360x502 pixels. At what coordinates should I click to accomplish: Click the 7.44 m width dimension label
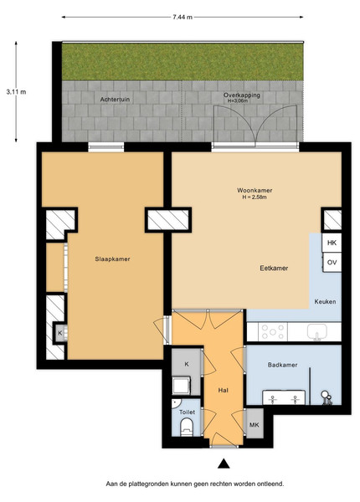coord(183,18)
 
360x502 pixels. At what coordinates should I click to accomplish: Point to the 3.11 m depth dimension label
coord(16,92)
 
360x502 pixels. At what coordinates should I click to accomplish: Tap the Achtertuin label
coord(115,100)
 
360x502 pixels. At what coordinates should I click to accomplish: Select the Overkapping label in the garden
coord(242,95)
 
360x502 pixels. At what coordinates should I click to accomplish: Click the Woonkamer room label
coord(255,191)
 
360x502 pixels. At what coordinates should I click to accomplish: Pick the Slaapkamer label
coord(112,259)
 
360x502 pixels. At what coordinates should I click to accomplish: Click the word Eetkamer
coord(274,269)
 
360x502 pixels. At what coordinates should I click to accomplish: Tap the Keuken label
coord(325,301)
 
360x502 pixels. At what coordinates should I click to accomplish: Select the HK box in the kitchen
coord(332,243)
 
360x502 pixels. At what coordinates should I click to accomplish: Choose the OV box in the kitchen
coord(332,263)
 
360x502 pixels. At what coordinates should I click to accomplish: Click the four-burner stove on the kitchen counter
coord(273,331)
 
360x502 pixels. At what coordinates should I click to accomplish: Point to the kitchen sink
coord(317,331)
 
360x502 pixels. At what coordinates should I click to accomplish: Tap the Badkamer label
coord(282,365)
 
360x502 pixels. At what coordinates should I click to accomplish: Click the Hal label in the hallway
coord(224,391)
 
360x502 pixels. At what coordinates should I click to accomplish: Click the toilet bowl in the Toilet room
coord(187,428)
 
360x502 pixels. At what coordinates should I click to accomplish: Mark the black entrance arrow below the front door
coord(224,464)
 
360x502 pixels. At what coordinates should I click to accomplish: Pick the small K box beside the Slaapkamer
coord(60,333)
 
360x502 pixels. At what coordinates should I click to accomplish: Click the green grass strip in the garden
coord(183,61)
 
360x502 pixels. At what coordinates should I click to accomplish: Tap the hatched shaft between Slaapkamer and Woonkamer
coord(167,219)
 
